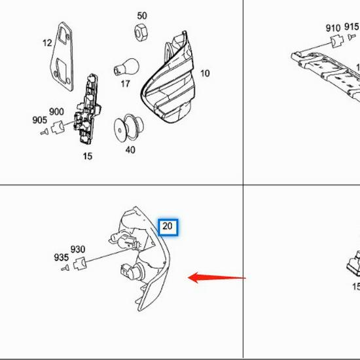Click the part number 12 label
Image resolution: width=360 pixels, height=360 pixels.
[47, 43]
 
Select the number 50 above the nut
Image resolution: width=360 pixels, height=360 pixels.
[142, 15]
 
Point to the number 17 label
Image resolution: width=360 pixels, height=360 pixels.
[125, 84]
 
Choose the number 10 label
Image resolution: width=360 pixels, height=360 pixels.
[205, 73]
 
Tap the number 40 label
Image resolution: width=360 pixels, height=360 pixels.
[130, 151]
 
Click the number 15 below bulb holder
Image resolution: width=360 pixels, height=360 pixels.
[87, 156]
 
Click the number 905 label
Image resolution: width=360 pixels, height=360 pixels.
[39, 120]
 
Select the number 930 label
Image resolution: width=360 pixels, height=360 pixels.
[78, 249]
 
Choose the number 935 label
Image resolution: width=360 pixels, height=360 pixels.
[62, 258]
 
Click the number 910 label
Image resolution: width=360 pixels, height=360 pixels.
[333, 28]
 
